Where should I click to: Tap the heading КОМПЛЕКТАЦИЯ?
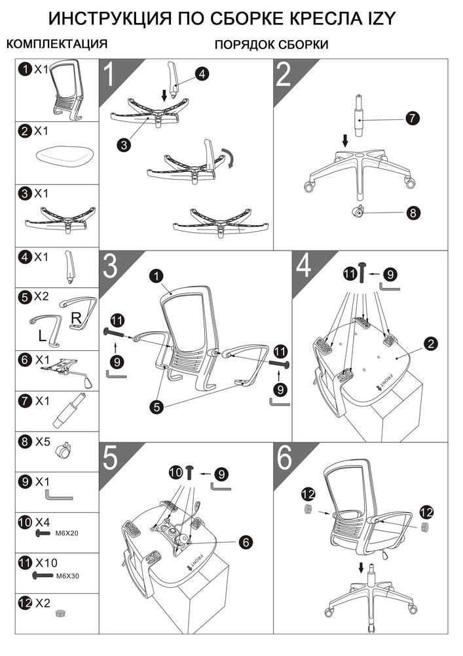click(57, 43)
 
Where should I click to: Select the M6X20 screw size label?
click(67, 533)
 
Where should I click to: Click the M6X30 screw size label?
click(67, 576)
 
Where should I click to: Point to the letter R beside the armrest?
click(76, 318)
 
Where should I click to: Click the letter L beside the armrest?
click(42, 335)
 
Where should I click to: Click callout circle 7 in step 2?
click(413, 118)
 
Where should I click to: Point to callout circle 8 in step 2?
click(413, 213)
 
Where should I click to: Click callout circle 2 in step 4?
click(430, 344)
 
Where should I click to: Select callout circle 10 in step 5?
click(176, 473)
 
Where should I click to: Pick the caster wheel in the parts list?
click(65, 451)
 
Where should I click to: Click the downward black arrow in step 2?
click(345, 140)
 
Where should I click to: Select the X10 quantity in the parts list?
click(46, 563)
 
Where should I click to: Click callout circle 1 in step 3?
click(156, 276)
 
